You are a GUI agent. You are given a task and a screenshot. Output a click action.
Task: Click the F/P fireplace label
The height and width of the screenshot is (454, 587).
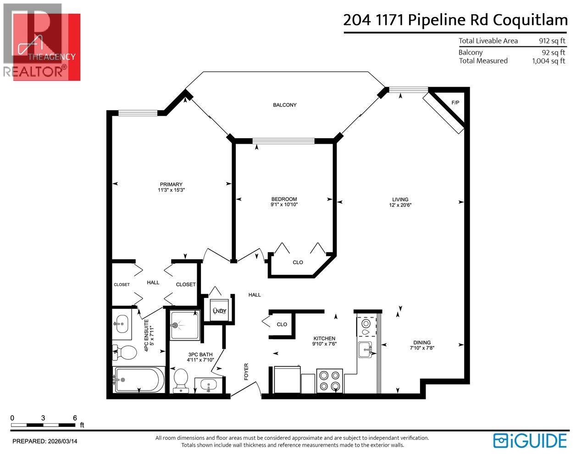[455, 103]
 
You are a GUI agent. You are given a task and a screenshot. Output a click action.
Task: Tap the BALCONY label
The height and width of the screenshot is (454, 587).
[285, 105]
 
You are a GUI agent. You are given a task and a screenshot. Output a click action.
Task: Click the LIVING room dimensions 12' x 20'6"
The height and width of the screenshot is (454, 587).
[400, 205]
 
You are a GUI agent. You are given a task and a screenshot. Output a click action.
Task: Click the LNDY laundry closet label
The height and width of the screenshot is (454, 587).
[219, 311]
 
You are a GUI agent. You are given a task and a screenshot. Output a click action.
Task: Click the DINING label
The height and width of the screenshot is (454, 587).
[421, 342]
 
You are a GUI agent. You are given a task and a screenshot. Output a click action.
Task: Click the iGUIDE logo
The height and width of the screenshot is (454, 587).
[531, 440]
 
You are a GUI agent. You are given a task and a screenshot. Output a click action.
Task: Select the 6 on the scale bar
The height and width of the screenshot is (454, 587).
[74, 418]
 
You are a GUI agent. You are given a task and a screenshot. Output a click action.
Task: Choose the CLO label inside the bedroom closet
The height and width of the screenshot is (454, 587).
[298, 263]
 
